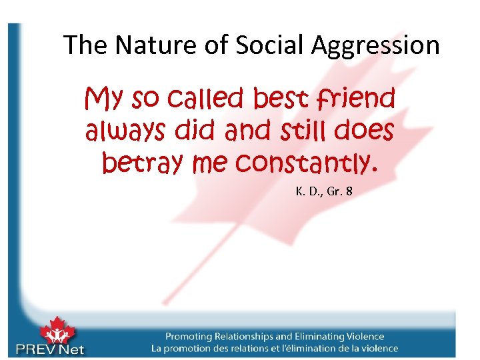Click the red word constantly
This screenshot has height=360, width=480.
point(307,161)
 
